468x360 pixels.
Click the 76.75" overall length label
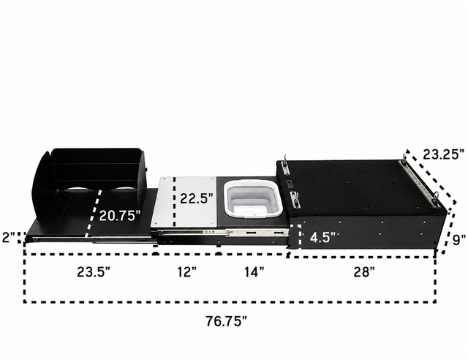[x=227, y=321]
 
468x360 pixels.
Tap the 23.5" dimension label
[x=94, y=272]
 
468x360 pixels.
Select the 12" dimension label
[x=187, y=272]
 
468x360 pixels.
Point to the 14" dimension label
[x=254, y=272]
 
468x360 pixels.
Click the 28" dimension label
[x=364, y=272]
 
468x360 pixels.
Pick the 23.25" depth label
[x=444, y=154]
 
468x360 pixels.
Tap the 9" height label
[x=458, y=239]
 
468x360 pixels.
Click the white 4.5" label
[x=322, y=238]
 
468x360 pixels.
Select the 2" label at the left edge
[x=10, y=238]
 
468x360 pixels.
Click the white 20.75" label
[x=120, y=215]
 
